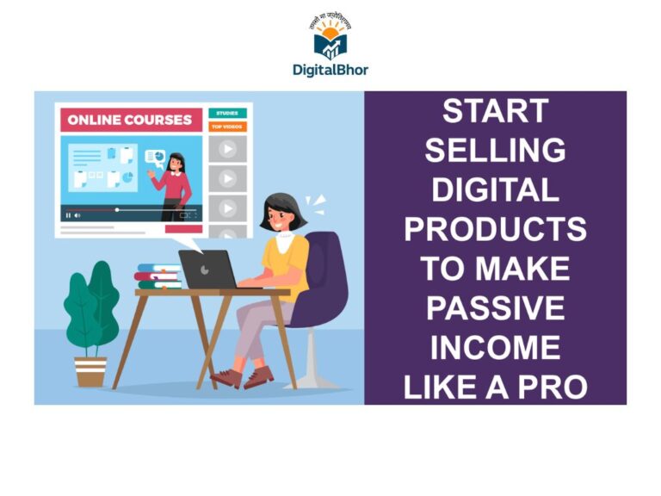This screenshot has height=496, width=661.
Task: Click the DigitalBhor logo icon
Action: tap(330, 36)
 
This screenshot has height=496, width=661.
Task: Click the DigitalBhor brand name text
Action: tap(330, 71)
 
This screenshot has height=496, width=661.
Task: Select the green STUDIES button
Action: tap(227, 113)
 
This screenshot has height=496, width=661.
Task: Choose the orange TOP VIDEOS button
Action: tap(227, 127)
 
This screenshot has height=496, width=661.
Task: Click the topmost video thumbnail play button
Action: tap(227, 148)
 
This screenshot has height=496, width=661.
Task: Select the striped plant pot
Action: tap(90, 371)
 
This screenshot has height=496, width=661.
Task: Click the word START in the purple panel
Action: tap(495, 111)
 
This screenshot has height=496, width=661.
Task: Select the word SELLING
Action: tap(495, 151)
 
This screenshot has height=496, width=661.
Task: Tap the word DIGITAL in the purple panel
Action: tap(495, 189)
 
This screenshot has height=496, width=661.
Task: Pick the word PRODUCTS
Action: tap(495, 229)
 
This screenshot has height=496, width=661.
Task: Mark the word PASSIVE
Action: tap(495, 308)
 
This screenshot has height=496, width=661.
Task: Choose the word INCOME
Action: tap(495, 348)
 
